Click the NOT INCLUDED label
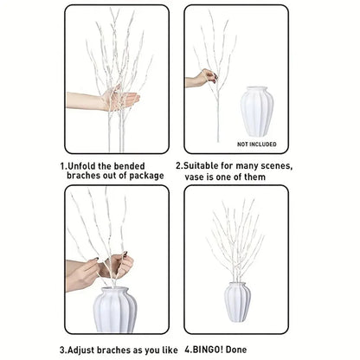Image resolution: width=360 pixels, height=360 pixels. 256,144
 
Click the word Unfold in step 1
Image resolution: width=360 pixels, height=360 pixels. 84,164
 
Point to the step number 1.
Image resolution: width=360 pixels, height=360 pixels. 62,164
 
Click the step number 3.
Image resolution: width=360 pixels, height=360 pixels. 62,350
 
